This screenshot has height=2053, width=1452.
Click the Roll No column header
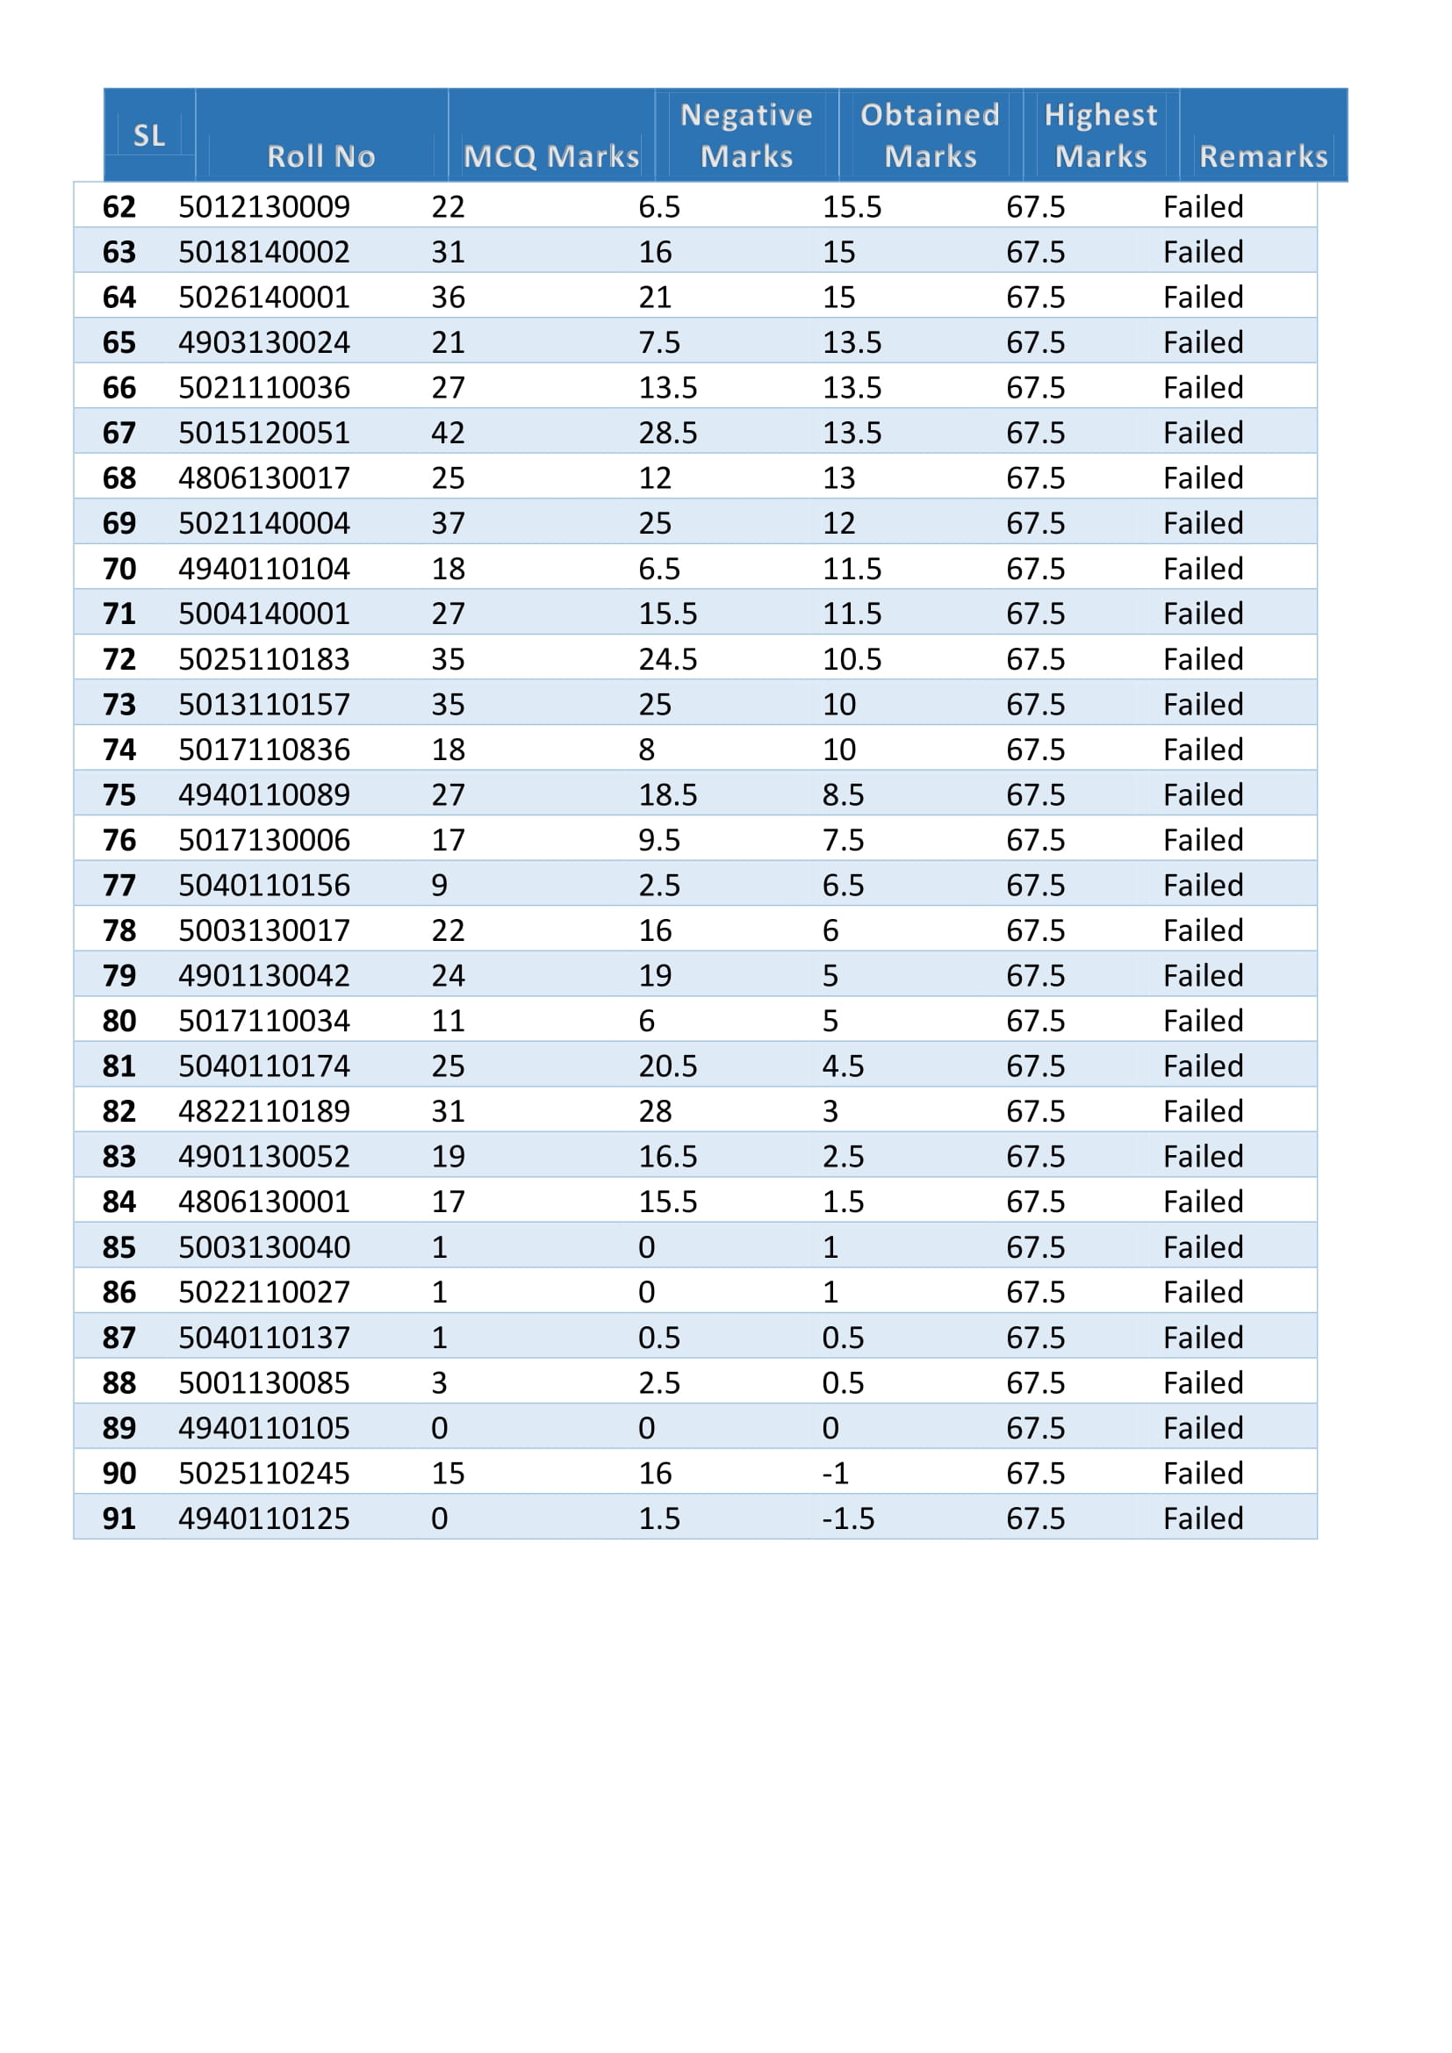pyautogui.click(x=321, y=156)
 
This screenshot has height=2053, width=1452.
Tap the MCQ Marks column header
pyautogui.click(x=550, y=156)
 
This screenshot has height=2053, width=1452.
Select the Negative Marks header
pyautogui.click(x=746, y=136)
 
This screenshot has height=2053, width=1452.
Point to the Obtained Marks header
pyautogui.click(x=930, y=136)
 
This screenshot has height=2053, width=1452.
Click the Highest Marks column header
pyautogui.click(x=1101, y=136)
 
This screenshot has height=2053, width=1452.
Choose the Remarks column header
pyautogui.click(x=1263, y=156)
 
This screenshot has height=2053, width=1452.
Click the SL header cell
pyautogui.click(x=149, y=136)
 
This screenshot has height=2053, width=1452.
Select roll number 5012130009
pyautogui.click(x=263, y=207)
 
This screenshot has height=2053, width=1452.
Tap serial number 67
pyautogui.click(x=119, y=434)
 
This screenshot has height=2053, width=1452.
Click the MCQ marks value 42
pyautogui.click(x=448, y=434)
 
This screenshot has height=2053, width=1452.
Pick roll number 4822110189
pyautogui.click(x=263, y=1111)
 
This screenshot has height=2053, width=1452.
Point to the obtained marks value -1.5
pyautogui.click(x=848, y=1518)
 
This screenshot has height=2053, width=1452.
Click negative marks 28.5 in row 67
pyautogui.click(x=667, y=434)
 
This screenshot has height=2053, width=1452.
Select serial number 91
pyautogui.click(x=119, y=1518)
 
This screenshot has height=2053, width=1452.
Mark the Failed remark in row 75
pyautogui.click(x=1203, y=795)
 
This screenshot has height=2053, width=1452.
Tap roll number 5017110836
pyautogui.click(x=263, y=750)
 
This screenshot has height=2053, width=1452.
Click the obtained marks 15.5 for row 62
pyautogui.click(x=852, y=207)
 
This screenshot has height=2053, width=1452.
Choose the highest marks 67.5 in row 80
pyautogui.click(x=1035, y=1021)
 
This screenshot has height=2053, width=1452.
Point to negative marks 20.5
pyautogui.click(x=667, y=1066)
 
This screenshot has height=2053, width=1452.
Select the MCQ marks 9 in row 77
pyautogui.click(x=439, y=886)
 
